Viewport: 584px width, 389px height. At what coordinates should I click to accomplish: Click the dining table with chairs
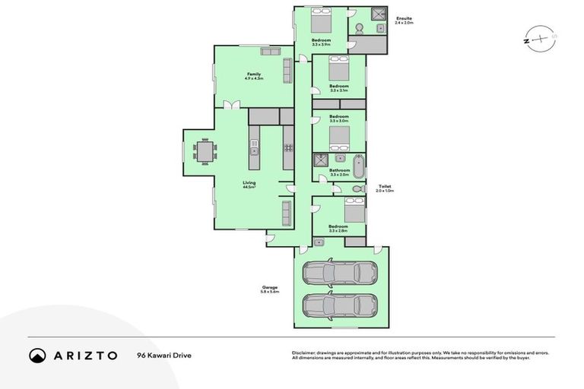point(204,152)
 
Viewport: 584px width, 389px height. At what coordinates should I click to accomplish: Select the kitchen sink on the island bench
point(255,151)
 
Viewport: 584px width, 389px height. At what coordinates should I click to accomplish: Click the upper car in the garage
point(339,272)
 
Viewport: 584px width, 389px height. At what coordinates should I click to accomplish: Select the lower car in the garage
point(339,306)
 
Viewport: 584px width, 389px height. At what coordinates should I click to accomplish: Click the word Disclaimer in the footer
point(304,353)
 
